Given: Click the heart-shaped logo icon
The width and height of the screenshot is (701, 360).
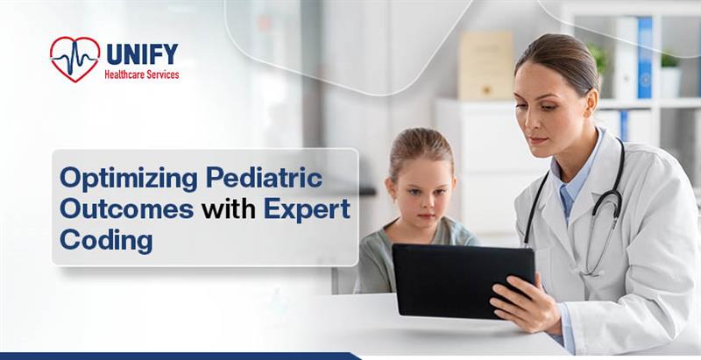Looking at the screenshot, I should (x=74, y=59).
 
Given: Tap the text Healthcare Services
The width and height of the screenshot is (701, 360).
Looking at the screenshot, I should (x=142, y=75).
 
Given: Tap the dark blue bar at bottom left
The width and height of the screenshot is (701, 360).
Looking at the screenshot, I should (x=175, y=356).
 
